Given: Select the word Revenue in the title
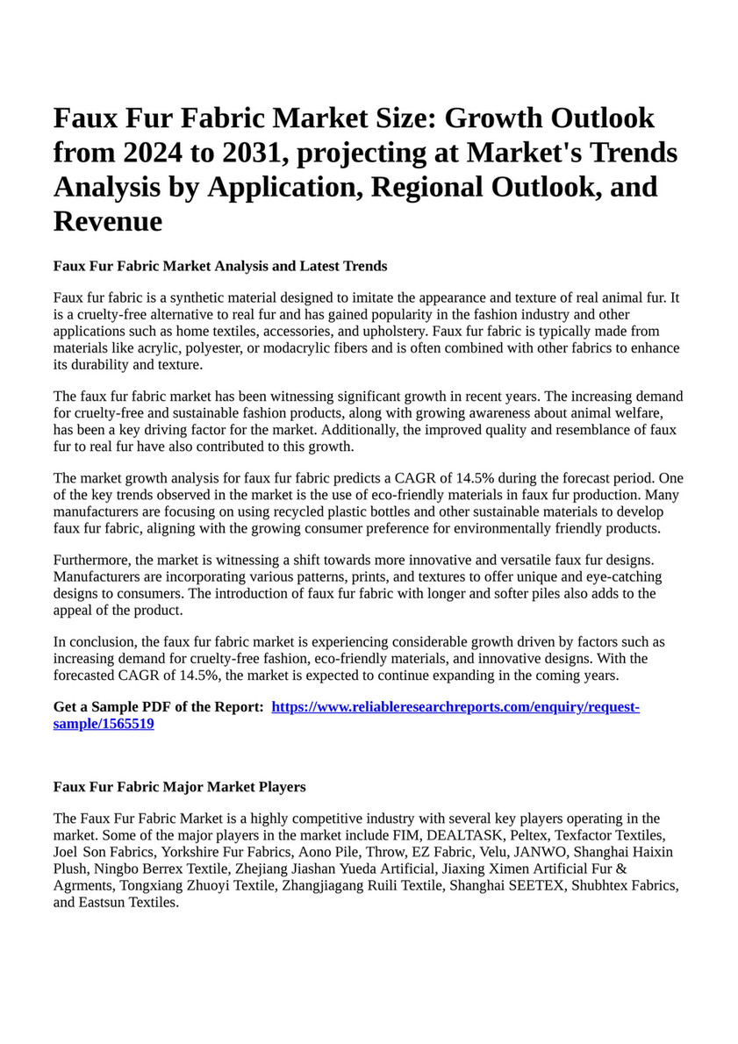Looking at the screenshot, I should coord(108,221).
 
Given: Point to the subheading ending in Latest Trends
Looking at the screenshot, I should coord(220,266).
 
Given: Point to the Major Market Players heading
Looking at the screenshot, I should coord(179,786).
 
